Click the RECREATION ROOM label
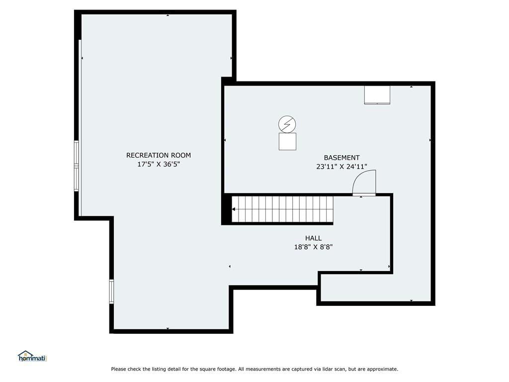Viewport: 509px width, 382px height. [159, 155]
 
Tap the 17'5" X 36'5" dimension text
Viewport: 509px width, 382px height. [159, 164]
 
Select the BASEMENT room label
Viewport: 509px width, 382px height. [342, 158]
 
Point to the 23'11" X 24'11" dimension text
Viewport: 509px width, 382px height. [342, 167]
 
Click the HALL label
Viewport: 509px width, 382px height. [313, 238]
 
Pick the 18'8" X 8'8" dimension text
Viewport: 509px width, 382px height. [313, 247]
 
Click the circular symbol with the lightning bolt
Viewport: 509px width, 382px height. [287, 124]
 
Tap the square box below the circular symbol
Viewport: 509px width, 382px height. [287, 141]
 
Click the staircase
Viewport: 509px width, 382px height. [282, 209]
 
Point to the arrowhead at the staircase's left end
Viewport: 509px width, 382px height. [234, 209]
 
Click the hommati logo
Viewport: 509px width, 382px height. [32, 356]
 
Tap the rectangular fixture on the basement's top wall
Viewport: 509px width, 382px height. [377, 95]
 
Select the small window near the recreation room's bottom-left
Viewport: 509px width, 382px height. [111, 291]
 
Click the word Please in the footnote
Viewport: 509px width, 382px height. [118, 369]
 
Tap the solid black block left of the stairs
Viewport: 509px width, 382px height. [226, 209]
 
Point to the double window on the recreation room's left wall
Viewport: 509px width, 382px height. [77, 166]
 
